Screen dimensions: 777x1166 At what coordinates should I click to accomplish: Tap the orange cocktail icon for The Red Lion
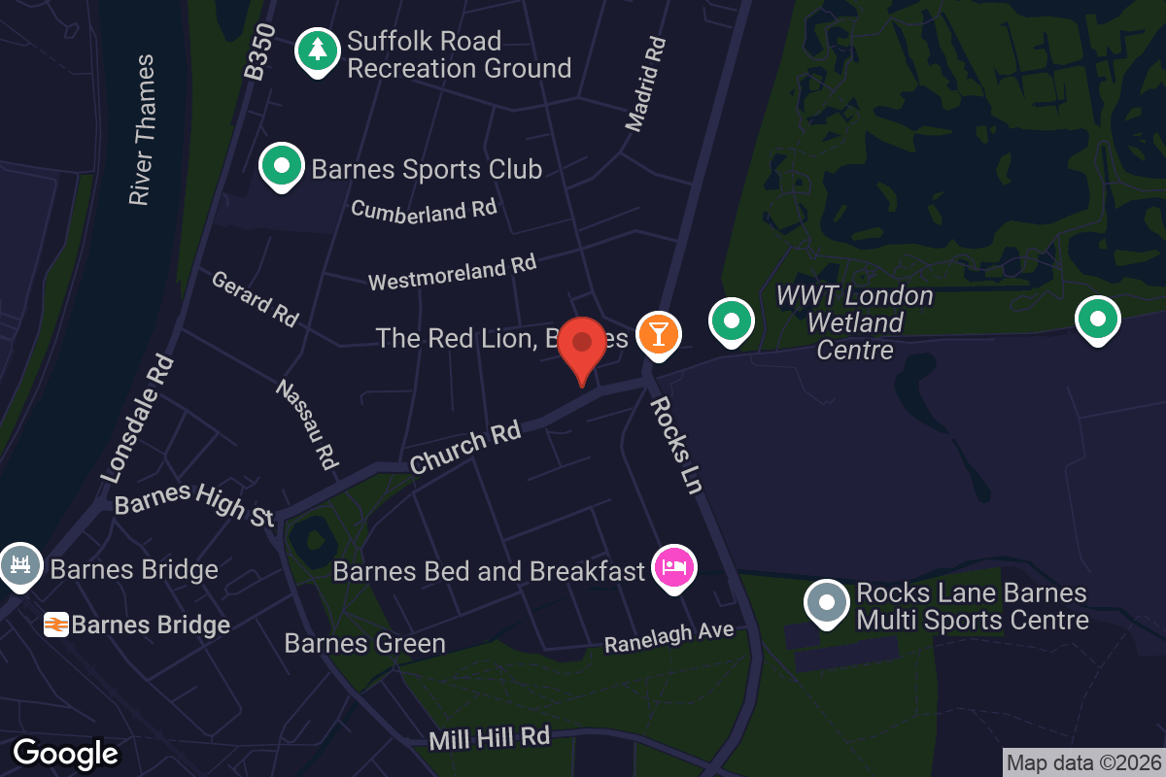coord(658,334)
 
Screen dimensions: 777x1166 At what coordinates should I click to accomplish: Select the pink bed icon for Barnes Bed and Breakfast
coord(674,566)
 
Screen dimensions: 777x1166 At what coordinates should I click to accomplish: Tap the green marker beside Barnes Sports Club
coord(282,166)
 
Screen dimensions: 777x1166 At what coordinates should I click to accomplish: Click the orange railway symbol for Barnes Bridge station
coord(56,625)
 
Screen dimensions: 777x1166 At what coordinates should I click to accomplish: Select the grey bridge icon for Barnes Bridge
coord(20,566)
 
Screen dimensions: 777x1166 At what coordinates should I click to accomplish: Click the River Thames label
coord(142,129)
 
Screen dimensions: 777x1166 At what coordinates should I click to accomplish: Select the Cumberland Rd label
coord(424,210)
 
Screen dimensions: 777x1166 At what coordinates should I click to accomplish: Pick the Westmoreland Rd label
coord(453,273)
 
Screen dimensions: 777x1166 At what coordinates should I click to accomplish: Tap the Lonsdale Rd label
coord(138,418)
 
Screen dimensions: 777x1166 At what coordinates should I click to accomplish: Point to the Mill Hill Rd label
coord(490,738)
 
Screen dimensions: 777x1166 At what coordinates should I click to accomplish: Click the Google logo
coord(65,754)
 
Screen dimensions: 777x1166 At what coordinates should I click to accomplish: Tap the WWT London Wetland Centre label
coord(855,322)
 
